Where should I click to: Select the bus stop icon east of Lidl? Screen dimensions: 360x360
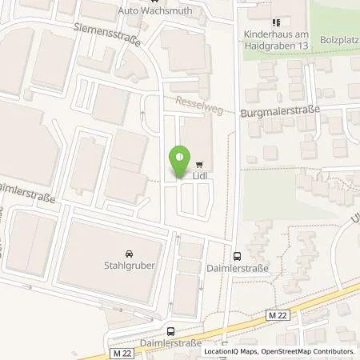(237, 257)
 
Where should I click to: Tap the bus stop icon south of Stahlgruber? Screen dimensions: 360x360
(170, 331)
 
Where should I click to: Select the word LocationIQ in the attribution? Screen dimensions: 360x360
(222, 351)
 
